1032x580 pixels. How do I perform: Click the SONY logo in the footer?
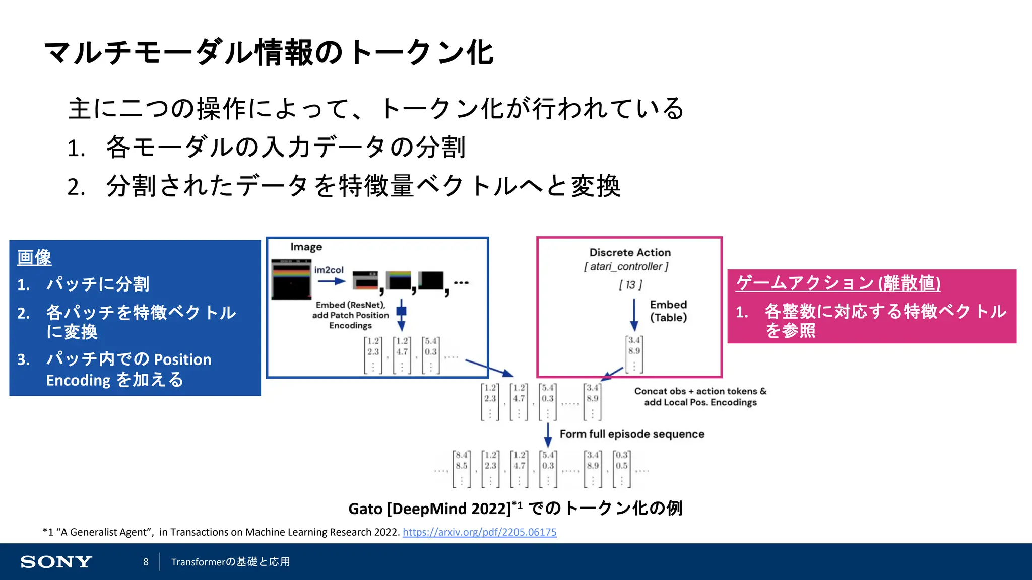point(56,562)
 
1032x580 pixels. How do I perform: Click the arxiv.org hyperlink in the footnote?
point(479,532)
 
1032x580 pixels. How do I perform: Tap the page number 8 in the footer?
point(146,562)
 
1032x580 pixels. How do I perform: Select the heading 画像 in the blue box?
point(34,257)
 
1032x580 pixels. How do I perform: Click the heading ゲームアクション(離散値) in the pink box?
point(837,283)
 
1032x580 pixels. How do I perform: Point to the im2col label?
point(329,270)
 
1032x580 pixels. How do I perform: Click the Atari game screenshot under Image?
point(291,279)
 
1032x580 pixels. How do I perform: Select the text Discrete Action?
point(630,252)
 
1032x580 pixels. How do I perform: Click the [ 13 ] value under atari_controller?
point(630,285)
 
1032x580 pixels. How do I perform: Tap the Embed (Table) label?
point(668,311)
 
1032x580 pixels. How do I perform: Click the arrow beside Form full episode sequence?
point(548,434)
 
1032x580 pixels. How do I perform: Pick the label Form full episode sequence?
point(632,434)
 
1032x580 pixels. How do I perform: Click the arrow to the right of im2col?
point(332,281)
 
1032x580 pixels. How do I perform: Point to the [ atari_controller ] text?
point(626,267)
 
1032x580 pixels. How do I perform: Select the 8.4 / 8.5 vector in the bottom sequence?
point(461,469)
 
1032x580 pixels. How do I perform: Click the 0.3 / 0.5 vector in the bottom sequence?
point(622,469)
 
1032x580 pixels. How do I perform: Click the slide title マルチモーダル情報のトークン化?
point(269,53)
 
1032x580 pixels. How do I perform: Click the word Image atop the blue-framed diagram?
point(306,247)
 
